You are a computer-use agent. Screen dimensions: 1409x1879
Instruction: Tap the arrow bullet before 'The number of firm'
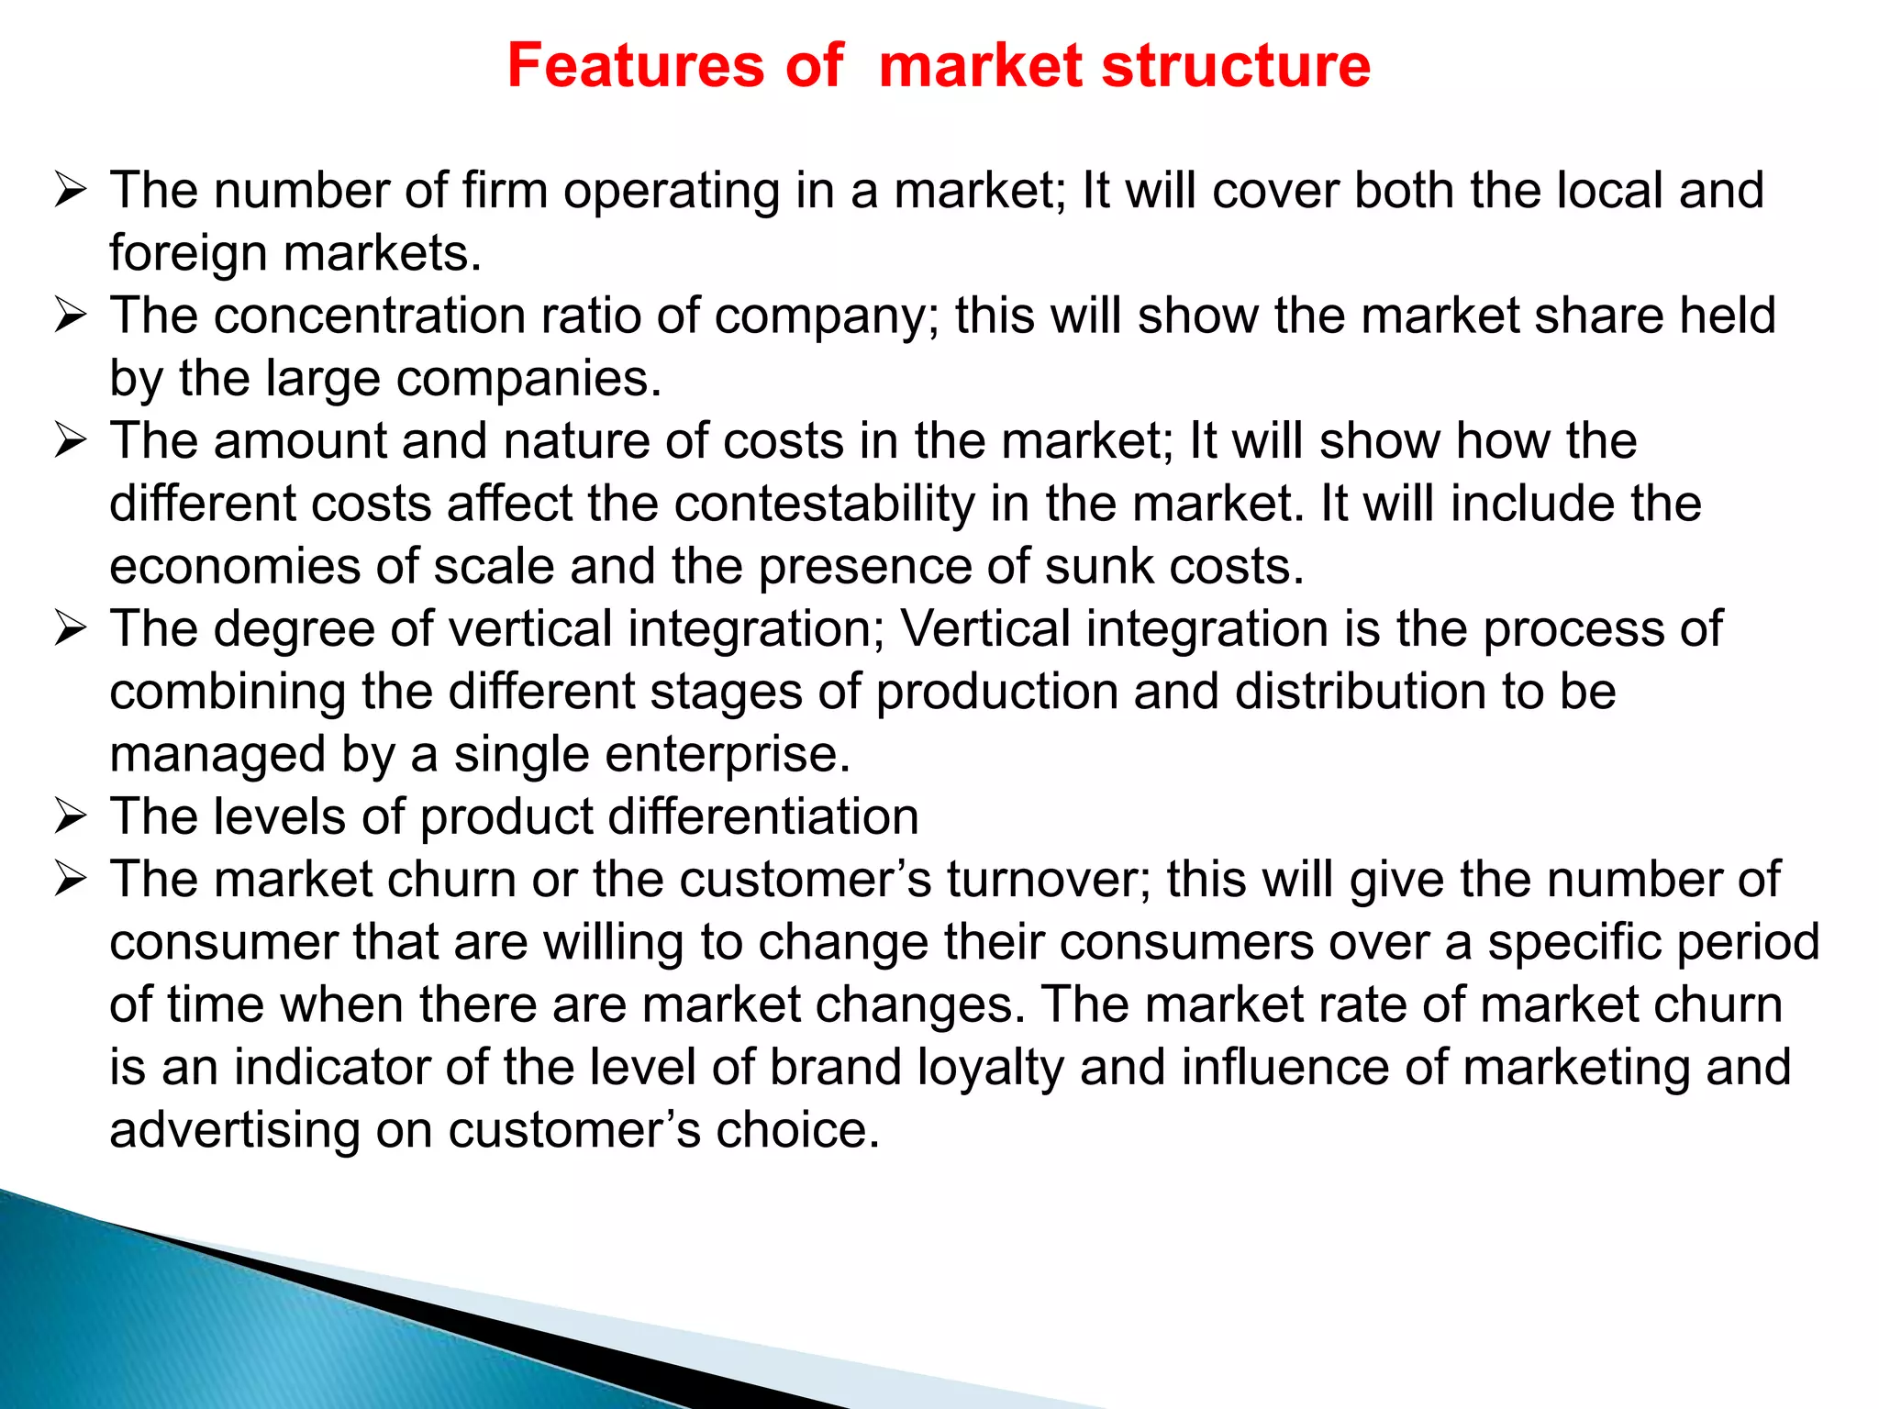tap(70, 191)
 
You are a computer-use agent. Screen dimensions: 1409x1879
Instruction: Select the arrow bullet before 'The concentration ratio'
tap(70, 316)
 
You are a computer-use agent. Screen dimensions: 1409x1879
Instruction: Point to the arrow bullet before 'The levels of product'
tap(70, 816)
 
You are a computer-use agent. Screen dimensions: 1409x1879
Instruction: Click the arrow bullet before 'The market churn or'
tap(70, 879)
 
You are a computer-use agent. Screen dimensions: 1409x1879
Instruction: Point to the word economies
tap(235, 566)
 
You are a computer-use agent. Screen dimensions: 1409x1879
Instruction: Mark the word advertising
tap(235, 1130)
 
